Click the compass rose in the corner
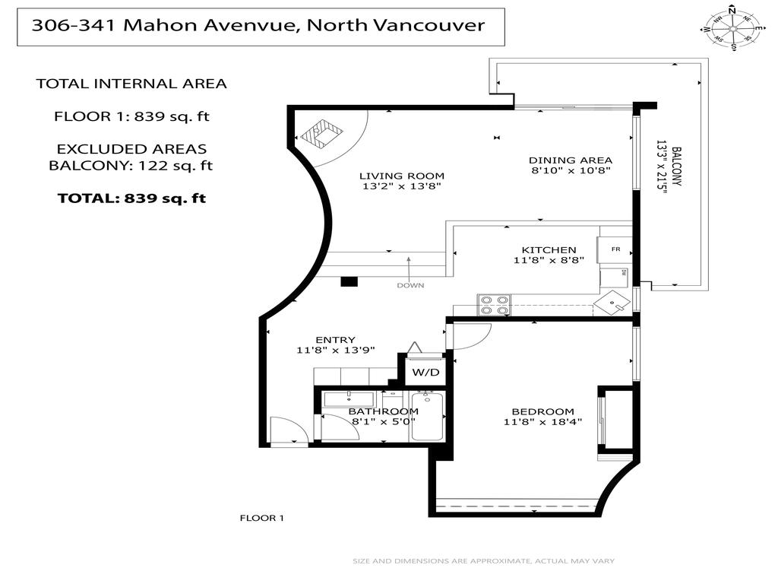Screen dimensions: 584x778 pos(731,28)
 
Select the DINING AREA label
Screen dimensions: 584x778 pos(570,160)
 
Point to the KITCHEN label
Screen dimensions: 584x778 pos(549,249)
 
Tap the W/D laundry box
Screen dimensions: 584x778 pos(425,373)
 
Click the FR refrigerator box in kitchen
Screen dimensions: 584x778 pos(615,249)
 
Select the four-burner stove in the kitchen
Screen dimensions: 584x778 pos(493,304)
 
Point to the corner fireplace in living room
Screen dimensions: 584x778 pos(322,135)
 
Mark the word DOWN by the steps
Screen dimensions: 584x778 pos(410,285)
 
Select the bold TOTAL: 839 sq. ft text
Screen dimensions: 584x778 pos(131,198)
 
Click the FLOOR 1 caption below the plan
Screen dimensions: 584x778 pos(261,518)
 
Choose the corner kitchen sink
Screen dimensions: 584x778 pos(614,304)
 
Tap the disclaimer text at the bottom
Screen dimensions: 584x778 pos(482,561)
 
